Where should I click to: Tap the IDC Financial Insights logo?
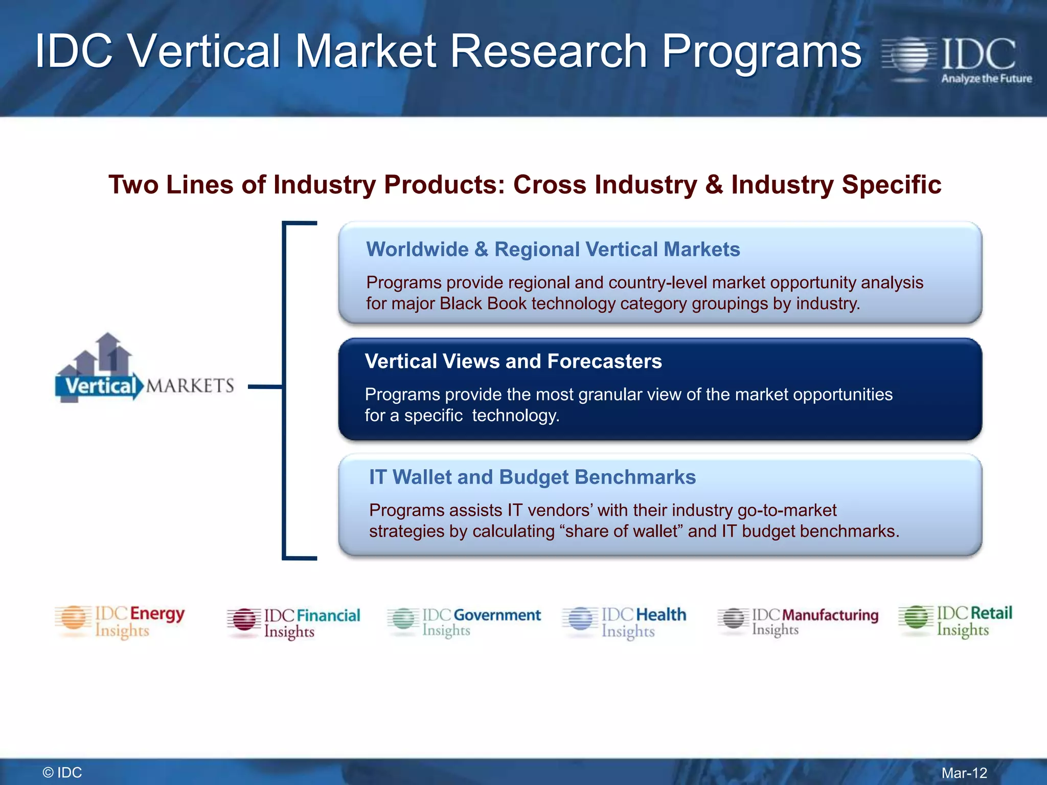pos(294,623)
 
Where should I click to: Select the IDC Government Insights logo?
pos(464,621)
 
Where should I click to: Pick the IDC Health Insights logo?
pos(624,622)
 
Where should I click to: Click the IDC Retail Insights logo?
pos(955,620)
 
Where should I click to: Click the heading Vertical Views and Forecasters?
pos(513,361)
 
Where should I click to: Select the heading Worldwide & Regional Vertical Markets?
pos(553,249)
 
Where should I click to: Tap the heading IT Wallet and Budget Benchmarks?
pos(532,477)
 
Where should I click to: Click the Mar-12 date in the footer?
pos(964,773)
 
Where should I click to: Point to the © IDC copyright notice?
pos(62,773)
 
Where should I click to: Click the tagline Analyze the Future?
pos(986,79)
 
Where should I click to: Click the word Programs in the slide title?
pos(762,51)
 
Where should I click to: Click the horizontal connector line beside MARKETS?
pos(265,386)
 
